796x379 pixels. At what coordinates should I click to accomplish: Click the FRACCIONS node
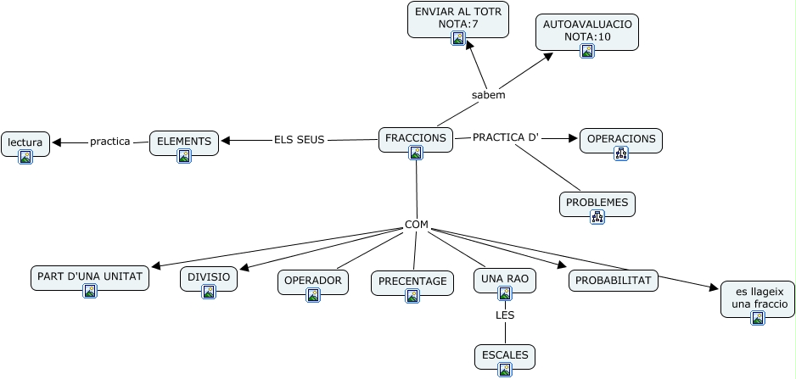coord(415,138)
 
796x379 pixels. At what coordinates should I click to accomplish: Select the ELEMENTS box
coord(184,138)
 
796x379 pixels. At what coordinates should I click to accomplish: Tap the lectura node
coord(25,142)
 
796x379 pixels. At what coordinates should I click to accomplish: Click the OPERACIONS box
coord(620,138)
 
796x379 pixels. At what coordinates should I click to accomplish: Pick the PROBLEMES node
coord(597,203)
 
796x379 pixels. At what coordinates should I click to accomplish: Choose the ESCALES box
coord(504,354)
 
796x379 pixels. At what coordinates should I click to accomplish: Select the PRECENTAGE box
coord(412,281)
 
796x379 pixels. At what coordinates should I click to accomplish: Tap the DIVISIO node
coord(209,276)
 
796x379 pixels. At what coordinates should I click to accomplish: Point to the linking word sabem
coord(488,95)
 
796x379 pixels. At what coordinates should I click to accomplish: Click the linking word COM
coord(416,226)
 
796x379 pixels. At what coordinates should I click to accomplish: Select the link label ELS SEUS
coord(299,140)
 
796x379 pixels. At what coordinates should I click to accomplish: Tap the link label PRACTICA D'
coord(506,137)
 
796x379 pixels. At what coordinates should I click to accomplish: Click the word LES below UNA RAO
coord(505,315)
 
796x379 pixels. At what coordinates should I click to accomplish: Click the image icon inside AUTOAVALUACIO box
coord(587,51)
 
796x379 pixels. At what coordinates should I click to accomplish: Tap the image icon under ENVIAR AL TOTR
coord(458,38)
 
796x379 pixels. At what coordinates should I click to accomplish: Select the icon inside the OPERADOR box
coord(313,295)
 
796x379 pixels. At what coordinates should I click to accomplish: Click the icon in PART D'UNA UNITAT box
coord(90,291)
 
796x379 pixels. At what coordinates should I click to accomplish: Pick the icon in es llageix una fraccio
coord(758,318)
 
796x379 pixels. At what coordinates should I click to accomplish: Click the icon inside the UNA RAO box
coord(505,293)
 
